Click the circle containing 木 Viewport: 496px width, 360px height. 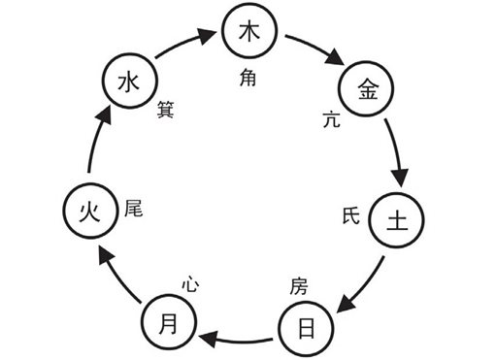[248, 33]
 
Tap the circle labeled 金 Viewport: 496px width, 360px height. [368, 89]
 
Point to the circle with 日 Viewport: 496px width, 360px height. [307, 327]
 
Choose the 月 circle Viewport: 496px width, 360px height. [169, 323]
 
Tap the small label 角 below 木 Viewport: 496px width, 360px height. [248, 81]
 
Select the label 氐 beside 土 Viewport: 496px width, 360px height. [351, 214]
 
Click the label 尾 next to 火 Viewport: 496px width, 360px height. [133, 209]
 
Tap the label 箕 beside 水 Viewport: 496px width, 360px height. [166, 110]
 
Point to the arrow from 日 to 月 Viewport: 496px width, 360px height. [238, 339]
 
